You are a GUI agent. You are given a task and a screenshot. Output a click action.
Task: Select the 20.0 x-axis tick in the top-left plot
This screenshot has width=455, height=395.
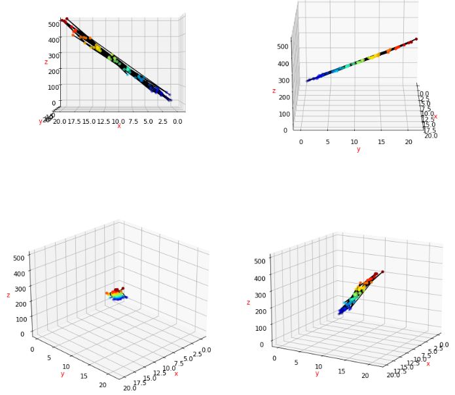60,121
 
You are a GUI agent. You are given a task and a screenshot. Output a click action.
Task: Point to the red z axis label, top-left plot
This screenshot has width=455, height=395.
46,62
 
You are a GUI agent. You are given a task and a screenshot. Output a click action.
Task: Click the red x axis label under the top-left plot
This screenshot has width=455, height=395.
118,126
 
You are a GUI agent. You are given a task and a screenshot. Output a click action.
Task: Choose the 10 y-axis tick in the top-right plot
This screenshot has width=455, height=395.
354,141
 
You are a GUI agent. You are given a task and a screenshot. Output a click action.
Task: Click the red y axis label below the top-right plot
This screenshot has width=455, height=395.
358,149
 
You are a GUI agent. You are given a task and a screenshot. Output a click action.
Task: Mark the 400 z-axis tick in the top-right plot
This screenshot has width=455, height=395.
283,64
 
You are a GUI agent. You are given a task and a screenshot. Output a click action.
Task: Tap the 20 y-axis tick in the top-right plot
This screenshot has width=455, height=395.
409,141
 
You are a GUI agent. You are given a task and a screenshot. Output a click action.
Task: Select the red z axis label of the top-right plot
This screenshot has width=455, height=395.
274,91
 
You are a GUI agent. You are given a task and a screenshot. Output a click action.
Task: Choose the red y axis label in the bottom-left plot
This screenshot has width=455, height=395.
62,374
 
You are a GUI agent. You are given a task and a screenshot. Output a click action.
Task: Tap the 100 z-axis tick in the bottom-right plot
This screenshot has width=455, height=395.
261,328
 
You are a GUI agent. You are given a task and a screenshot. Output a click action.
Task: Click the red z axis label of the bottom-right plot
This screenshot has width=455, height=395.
248,303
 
